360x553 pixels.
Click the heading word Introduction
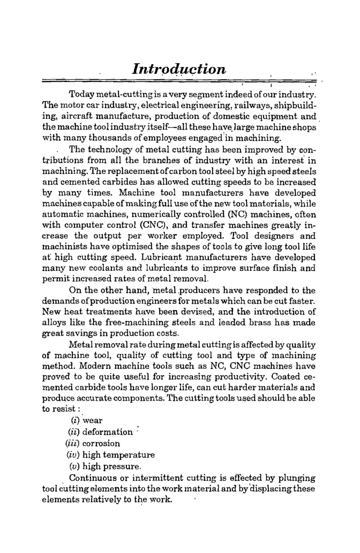click(179, 70)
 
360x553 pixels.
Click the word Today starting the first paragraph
click(91, 95)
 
